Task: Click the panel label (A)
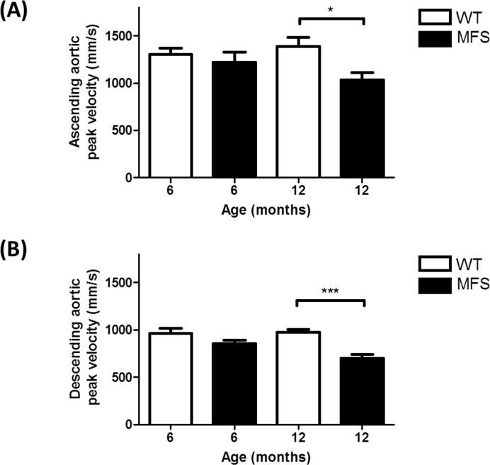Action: (x=16, y=12)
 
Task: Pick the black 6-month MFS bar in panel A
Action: (x=234, y=120)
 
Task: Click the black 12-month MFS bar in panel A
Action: (x=363, y=128)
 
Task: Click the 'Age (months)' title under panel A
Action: (x=266, y=211)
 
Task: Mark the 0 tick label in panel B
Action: (x=132, y=425)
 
